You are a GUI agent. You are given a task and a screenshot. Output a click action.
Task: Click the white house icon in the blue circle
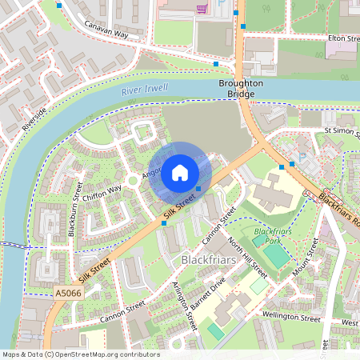pos(180,173)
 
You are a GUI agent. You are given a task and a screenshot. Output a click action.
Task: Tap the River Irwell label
pos(144,91)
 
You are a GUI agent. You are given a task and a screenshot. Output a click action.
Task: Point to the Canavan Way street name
pos(106,30)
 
